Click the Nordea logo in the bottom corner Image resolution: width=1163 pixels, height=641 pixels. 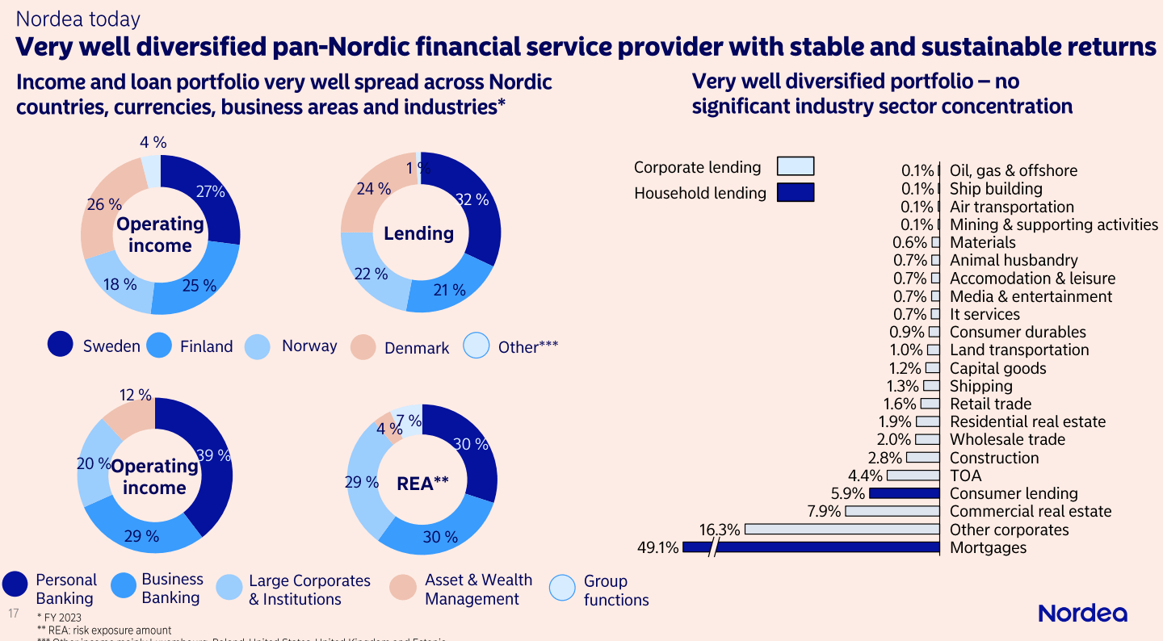click(1082, 614)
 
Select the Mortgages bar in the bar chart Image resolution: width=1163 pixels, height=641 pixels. click(824, 547)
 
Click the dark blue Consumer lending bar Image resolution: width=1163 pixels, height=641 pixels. click(904, 493)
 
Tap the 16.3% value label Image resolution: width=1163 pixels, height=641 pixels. click(720, 530)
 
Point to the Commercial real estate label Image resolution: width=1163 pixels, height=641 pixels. click(1031, 511)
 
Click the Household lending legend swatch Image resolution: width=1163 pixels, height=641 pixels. click(795, 192)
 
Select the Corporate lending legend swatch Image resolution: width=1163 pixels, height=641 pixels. click(795, 166)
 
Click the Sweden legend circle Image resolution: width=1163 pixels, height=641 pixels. click(61, 346)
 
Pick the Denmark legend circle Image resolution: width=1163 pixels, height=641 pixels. click(364, 347)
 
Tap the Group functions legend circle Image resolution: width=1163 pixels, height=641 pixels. click(562, 589)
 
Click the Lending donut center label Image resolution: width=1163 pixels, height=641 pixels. click(418, 233)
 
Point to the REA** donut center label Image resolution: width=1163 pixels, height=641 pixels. click(422, 483)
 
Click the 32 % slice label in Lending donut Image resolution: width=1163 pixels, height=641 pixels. click(472, 199)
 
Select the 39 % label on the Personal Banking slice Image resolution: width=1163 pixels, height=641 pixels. click(214, 455)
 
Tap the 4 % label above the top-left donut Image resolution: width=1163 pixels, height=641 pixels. click(153, 142)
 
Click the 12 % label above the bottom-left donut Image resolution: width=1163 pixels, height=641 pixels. click(136, 395)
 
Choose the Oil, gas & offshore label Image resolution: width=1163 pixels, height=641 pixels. click(1013, 170)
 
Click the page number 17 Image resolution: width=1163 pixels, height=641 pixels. click(13, 614)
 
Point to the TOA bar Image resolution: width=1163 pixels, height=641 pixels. click(913, 476)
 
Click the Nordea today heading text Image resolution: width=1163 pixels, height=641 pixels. click(78, 19)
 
